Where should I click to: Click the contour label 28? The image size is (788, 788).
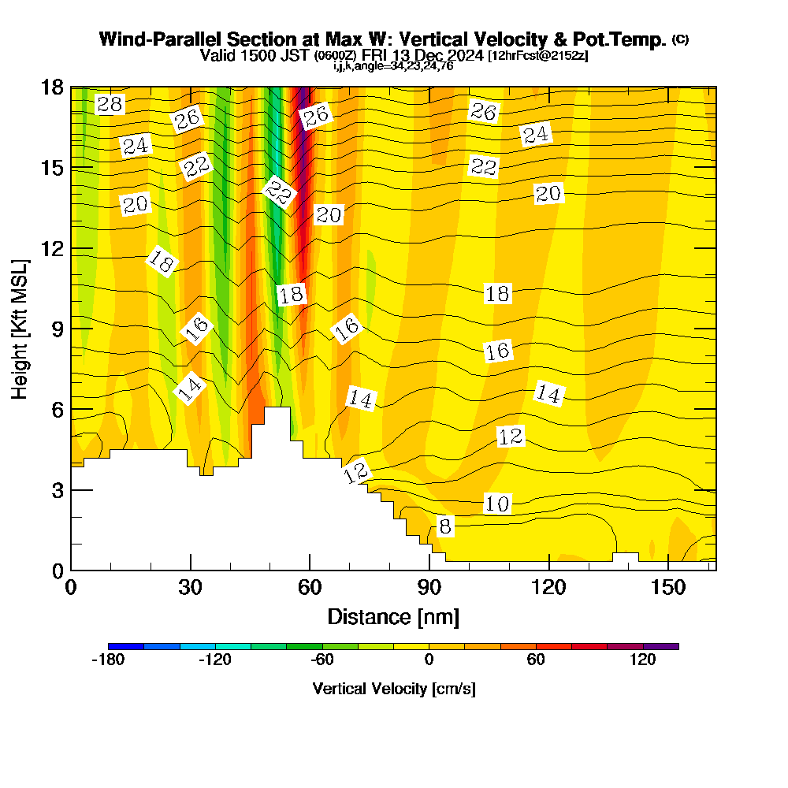click(110, 104)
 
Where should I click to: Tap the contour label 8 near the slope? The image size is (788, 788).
click(445, 526)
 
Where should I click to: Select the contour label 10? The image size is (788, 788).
click(497, 504)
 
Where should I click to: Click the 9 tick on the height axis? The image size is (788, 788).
click(56, 329)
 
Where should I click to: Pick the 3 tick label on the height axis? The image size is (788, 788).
click(56, 490)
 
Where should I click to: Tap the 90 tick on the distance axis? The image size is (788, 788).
click(429, 588)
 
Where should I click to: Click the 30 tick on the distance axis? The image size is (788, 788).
click(190, 588)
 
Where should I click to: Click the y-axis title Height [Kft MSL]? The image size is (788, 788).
click(20, 328)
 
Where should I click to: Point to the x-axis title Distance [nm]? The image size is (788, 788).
click(393, 616)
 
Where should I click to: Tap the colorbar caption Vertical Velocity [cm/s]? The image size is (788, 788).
click(394, 689)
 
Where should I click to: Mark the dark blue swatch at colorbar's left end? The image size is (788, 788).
click(126, 646)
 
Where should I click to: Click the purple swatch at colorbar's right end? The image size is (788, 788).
click(661, 646)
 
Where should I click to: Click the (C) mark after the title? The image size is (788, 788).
click(681, 39)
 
